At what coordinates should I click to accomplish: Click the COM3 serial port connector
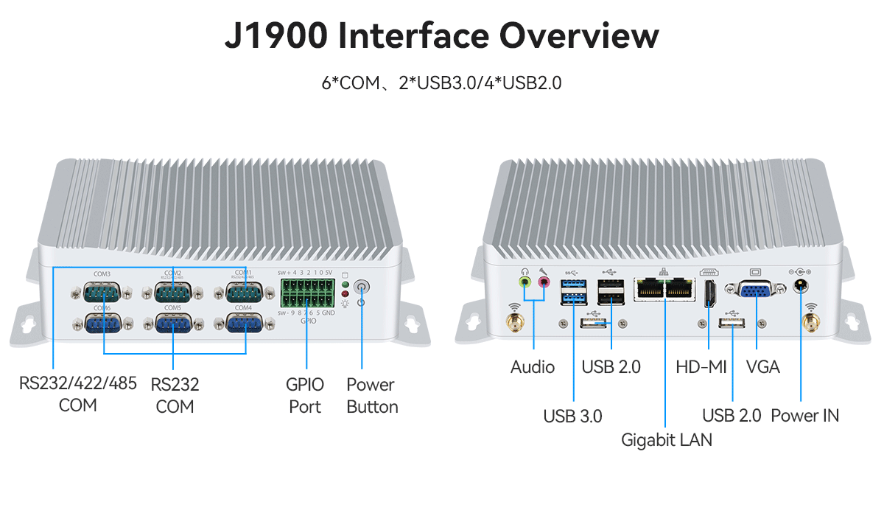[x=102, y=293]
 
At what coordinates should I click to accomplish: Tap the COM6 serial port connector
[x=102, y=324]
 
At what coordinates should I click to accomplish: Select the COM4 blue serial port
[x=244, y=324]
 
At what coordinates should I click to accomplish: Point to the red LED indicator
[x=345, y=294]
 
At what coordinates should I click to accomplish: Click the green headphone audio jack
[x=525, y=282]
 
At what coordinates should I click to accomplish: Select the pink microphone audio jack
[x=544, y=282]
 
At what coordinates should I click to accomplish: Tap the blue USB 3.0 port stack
[x=573, y=291]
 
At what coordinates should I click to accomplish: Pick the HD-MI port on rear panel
[x=710, y=293]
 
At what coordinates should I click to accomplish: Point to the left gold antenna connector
[x=513, y=322]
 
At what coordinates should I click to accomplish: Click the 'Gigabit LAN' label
[x=667, y=440]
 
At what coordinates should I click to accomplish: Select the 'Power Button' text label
[x=372, y=396]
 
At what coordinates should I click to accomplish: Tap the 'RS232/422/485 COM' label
[x=77, y=394]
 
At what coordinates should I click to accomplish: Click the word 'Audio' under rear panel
[x=533, y=367]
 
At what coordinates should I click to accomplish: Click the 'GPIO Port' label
[x=305, y=396]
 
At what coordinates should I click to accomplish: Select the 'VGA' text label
[x=762, y=367]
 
